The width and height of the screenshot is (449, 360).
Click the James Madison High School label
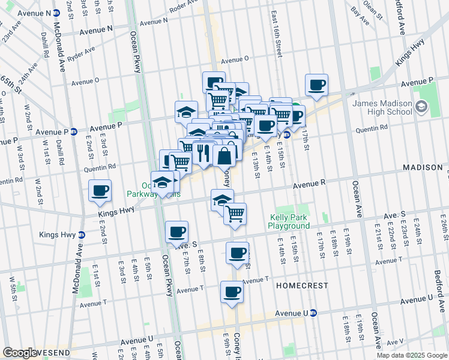pos(382,108)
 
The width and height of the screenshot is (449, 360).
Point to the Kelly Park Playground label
pos(289,221)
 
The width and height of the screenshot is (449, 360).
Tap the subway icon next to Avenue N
pos(56,13)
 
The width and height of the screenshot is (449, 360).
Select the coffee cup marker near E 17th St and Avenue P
pos(316,85)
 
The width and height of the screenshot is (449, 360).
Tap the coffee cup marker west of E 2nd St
pos(100,191)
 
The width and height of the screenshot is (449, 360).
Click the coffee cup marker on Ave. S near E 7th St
pos(176,232)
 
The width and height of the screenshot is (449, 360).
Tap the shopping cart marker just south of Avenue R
pos(235,213)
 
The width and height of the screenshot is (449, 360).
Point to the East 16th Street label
pos(276,34)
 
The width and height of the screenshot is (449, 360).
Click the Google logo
pos(20,353)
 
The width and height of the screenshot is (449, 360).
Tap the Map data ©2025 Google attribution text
pos(411,355)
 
